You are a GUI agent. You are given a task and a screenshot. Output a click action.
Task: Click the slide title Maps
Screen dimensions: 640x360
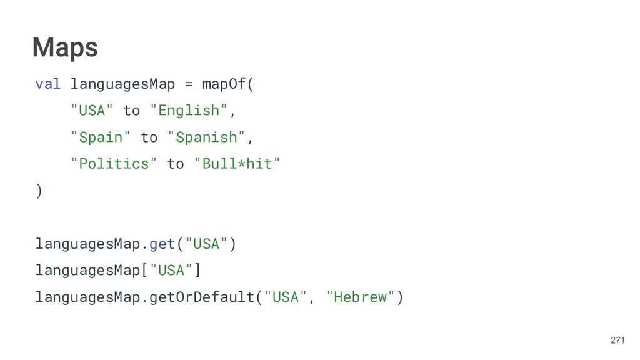[x=65, y=47]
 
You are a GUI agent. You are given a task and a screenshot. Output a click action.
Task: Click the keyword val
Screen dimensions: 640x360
[x=47, y=84]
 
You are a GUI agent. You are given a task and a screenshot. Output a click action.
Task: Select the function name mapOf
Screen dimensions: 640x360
[x=224, y=84]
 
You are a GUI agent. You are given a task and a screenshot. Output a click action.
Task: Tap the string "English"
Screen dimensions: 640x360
[x=189, y=111]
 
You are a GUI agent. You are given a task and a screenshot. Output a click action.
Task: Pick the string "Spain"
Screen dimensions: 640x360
[x=101, y=137]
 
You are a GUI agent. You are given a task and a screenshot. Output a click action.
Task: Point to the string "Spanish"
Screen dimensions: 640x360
[x=207, y=137]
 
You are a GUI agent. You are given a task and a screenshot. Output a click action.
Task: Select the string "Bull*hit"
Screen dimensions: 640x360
[x=237, y=164]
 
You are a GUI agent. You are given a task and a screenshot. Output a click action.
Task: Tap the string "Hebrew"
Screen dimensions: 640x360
[x=361, y=297]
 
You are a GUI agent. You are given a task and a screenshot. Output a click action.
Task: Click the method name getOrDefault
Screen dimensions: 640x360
[x=202, y=297]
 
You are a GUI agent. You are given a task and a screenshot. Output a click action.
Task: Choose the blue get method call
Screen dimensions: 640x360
[x=162, y=244]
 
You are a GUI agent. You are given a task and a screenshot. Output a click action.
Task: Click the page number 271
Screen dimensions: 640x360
[x=617, y=341]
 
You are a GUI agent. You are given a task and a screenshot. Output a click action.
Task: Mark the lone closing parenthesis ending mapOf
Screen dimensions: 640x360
[x=39, y=191]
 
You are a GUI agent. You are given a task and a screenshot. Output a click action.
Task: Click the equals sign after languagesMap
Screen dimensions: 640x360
[x=189, y=84]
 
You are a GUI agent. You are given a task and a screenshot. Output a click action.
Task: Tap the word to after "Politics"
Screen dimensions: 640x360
[x=176, y=164]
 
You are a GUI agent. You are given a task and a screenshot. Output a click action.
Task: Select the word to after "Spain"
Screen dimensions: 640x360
[x=149, y=137]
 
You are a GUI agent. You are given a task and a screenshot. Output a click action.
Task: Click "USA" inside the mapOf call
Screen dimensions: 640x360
[x=92, y=111]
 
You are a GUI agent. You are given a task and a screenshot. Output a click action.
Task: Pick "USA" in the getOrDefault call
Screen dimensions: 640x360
[x=286, y=297]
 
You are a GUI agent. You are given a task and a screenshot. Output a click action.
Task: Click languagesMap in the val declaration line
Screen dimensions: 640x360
[x=122, y=84]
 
